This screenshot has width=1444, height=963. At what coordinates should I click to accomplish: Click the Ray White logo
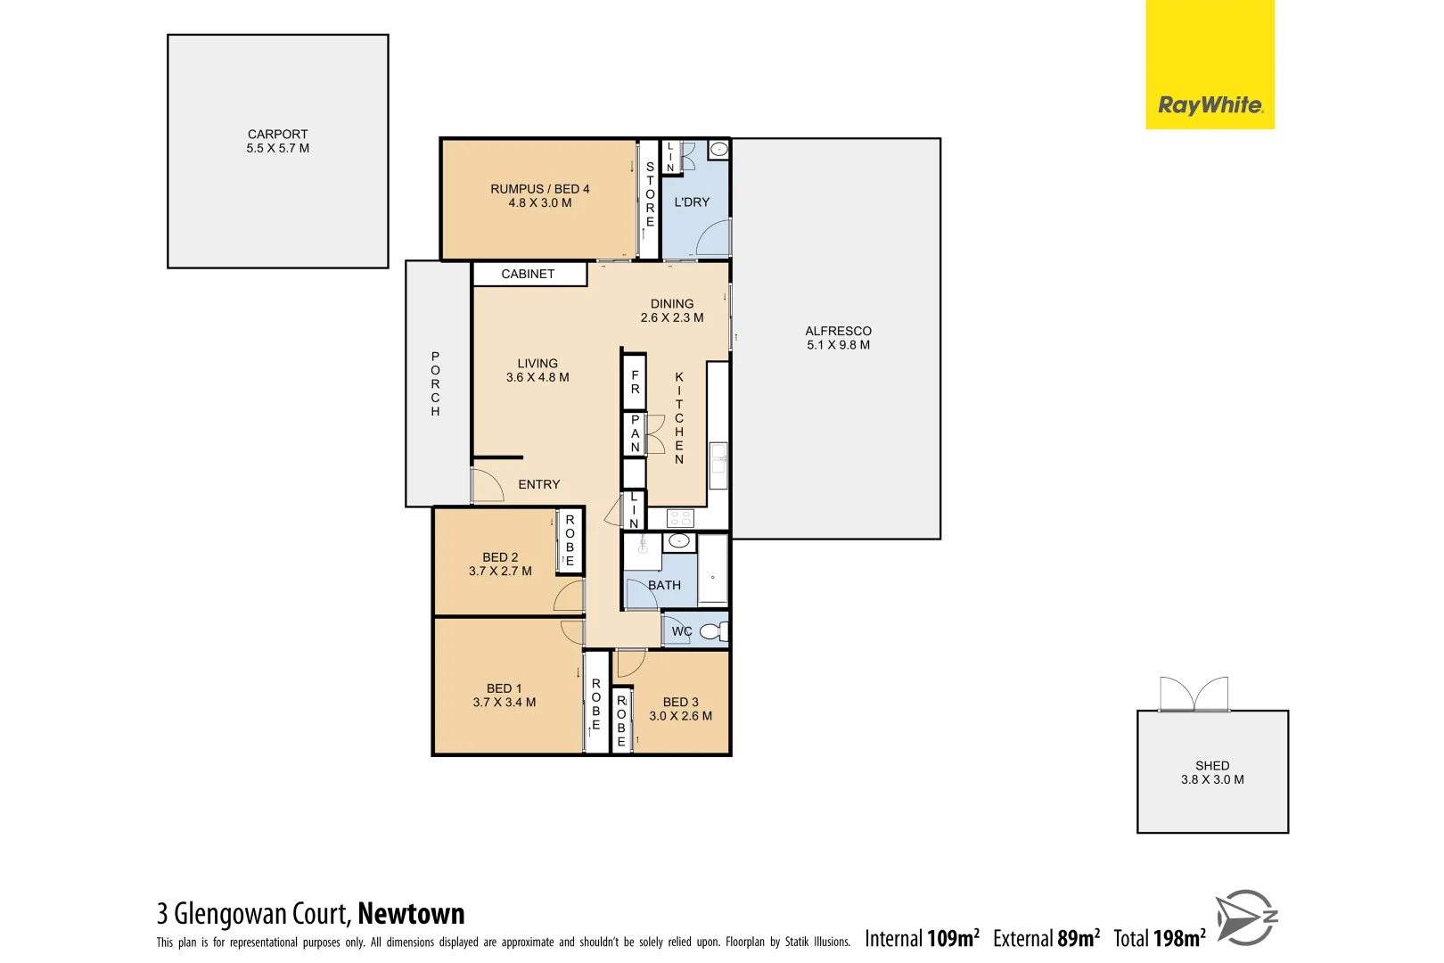point(1209,105)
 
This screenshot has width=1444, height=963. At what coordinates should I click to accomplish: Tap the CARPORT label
point(277,134)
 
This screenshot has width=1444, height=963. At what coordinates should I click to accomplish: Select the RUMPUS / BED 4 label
point(539,189)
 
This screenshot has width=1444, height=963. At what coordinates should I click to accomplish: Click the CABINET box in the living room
point(529,274)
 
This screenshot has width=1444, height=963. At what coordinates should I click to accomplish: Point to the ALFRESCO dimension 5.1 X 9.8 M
point(838,345)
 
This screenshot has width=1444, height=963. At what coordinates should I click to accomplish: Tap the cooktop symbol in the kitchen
point(680,518)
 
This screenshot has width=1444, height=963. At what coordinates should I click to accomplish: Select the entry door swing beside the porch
point(486,485)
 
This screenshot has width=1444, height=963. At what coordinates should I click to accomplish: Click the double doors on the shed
point(1194,694)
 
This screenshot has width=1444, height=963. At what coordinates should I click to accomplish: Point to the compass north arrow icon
point(1246,917)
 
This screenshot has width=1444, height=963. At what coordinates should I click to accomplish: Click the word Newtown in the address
point(411,914)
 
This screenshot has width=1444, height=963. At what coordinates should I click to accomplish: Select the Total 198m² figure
point(1159,938)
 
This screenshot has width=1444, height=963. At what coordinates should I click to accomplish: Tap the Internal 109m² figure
point(922,938)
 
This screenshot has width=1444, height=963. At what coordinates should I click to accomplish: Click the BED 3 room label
point(680,703)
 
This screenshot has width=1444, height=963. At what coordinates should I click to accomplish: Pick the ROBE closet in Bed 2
point(570,540)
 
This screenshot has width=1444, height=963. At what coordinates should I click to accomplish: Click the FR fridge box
point(635,382)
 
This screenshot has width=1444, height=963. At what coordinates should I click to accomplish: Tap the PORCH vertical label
point(435,384)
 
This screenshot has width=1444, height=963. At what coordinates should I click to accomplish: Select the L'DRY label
point(692,202)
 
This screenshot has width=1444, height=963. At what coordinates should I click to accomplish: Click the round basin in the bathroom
point(678,540)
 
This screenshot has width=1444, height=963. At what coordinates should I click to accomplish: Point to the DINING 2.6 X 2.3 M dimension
point(671,317)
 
